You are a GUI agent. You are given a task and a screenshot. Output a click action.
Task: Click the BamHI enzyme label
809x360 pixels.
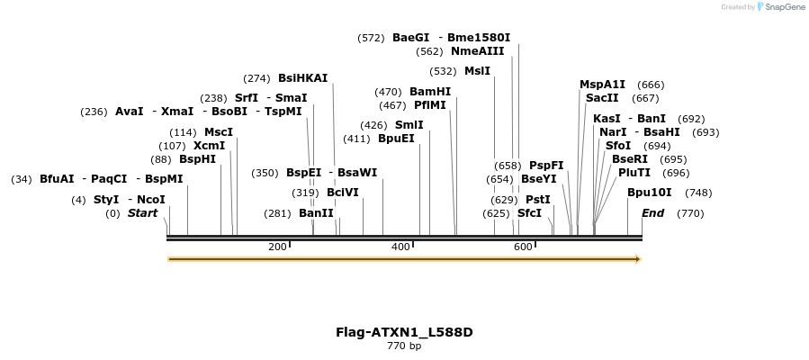[430, 92]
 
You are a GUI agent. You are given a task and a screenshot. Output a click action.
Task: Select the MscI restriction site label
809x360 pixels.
[219, 132]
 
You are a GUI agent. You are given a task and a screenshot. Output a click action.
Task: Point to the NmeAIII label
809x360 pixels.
[478, 51]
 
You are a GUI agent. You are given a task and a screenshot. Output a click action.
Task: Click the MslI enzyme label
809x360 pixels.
[477, 71]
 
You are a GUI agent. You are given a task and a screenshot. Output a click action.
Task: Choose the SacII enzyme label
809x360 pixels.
[602, 98]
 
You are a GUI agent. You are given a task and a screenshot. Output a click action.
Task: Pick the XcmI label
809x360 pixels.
[210, 146]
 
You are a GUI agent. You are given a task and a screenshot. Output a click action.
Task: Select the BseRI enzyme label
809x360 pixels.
[630, 159]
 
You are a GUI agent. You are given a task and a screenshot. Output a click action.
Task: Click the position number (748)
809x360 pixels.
[698, 193]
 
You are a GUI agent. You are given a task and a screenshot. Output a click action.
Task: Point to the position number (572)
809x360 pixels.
[371, 38]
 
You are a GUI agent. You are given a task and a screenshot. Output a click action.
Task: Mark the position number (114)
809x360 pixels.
[183, 132]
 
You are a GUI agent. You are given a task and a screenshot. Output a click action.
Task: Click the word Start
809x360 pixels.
[142, 213]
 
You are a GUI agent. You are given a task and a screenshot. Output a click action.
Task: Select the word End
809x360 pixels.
[653, 213]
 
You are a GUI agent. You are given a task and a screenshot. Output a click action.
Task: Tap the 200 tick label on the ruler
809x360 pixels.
[277, 247]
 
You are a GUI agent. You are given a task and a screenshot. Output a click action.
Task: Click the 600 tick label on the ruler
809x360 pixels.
[524, 247]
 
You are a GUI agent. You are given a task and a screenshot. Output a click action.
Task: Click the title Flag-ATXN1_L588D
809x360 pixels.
[404, 332]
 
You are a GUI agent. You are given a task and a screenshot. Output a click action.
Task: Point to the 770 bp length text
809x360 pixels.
[404, 346]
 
